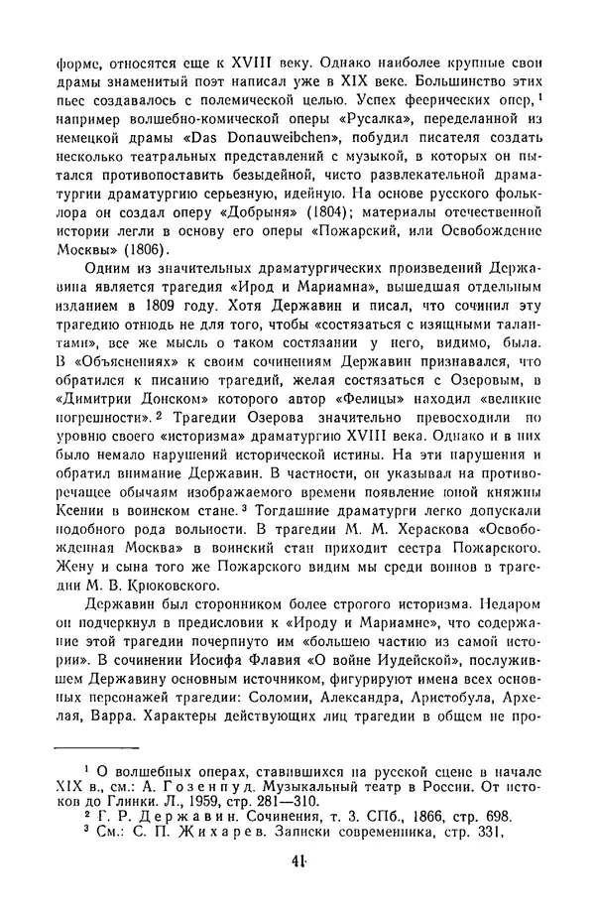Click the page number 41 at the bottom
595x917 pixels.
297,889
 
